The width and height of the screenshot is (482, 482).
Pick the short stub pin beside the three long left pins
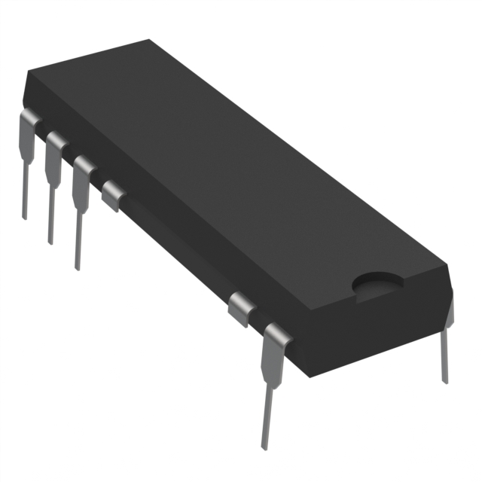pyautogui.click(x=114, y=194)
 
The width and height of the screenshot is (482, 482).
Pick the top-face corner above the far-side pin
pyautogui.click(x=447, y=265)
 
